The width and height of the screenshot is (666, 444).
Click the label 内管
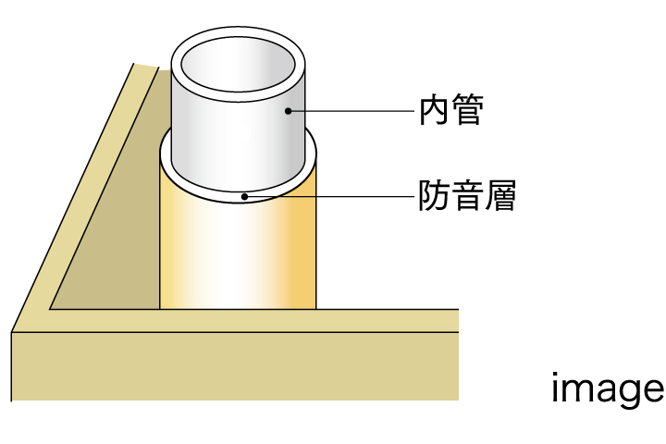click(451, 111)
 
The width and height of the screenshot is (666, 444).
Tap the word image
click(607, 389)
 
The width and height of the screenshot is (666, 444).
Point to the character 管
click(468, 111)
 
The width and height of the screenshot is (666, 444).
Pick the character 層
click(499, 196)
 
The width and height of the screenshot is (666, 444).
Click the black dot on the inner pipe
click(288, 111)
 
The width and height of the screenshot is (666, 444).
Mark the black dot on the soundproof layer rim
click(243, 196)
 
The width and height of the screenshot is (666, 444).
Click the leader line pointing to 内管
click(351, 111)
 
